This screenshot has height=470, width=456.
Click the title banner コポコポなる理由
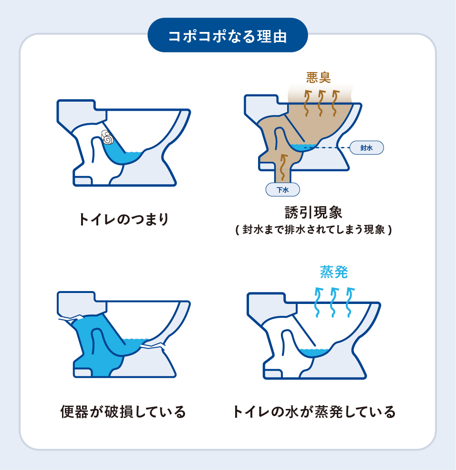tap(228, 35)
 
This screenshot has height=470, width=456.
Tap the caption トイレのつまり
tap(124, 219)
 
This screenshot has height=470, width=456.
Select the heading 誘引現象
tap(313, 212)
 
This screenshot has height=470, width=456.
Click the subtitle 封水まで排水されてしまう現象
tap(313, 230)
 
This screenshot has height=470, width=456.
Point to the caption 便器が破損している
tap(123, 411)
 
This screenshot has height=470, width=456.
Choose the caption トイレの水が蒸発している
tap(314, 411)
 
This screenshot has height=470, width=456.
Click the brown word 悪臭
tap(318, 77)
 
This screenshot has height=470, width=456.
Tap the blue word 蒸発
tap(333, 272)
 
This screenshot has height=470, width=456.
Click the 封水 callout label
tap(366, 148)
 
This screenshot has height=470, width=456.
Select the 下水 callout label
tap(283, 189)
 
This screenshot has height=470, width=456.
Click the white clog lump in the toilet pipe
tap(107, 137)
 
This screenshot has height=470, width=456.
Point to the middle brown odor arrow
tap(320, 103)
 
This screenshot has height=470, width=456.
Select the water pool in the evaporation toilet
tap(315, 353)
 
